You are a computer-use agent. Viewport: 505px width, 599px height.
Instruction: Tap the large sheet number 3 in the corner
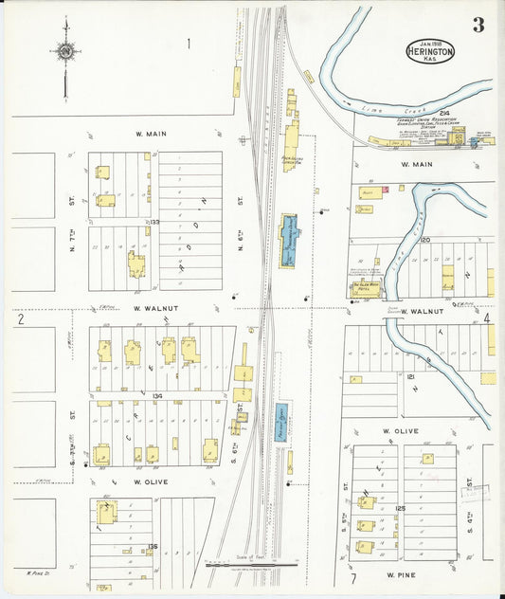pos(478,26)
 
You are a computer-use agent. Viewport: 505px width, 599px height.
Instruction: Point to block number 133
pos(152,222)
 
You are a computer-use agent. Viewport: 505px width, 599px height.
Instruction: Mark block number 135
pos(153,546)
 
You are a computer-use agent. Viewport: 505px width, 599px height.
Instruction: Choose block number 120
pos(425,240)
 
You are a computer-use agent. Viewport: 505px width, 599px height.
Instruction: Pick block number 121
pos(411,376)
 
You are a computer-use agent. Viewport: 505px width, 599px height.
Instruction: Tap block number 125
pos(400,508)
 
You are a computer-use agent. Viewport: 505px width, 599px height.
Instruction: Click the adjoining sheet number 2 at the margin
pos(19,319)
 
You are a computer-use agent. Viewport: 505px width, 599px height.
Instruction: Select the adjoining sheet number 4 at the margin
pos(487,319)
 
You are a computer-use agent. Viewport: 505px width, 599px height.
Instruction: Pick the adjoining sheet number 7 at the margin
pos(352,577)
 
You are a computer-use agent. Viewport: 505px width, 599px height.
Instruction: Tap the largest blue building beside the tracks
pos(289,239)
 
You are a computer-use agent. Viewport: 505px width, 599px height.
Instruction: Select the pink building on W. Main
pos(386,191)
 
